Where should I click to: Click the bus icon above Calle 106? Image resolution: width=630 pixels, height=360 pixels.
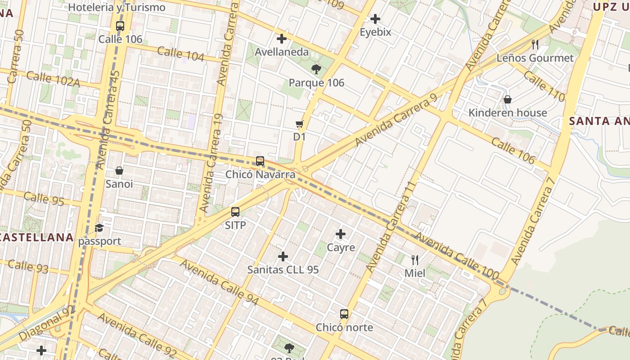coord(120,26)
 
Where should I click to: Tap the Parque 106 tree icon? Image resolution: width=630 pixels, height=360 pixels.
coord(316,69)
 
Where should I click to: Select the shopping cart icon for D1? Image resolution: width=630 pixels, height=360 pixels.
coord(299,124)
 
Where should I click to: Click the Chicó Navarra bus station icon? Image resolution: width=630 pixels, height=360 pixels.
coord(260,161)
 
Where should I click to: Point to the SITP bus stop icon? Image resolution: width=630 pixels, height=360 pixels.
coord(235,212)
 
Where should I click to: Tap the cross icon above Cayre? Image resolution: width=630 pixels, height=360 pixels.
coord(341,234)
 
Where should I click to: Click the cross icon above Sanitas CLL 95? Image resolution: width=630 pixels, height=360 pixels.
coord(283,256)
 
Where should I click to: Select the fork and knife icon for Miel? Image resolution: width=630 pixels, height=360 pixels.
coord(415,260)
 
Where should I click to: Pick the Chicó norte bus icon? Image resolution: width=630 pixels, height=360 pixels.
coord(344,314)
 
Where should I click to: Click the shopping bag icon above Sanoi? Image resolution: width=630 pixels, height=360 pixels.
coord(119,171)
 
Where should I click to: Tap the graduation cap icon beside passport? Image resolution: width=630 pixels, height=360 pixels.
coord(99,228)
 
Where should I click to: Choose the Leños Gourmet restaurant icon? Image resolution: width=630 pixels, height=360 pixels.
coord(535,44)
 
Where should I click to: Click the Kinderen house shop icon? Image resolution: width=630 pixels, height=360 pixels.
coord(508,99)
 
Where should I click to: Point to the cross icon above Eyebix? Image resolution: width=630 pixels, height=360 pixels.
coord(375,19)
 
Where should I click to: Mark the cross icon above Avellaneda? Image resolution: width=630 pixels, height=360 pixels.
coord(282,39)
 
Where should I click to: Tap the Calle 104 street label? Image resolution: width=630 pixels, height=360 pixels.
coord(181,54)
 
